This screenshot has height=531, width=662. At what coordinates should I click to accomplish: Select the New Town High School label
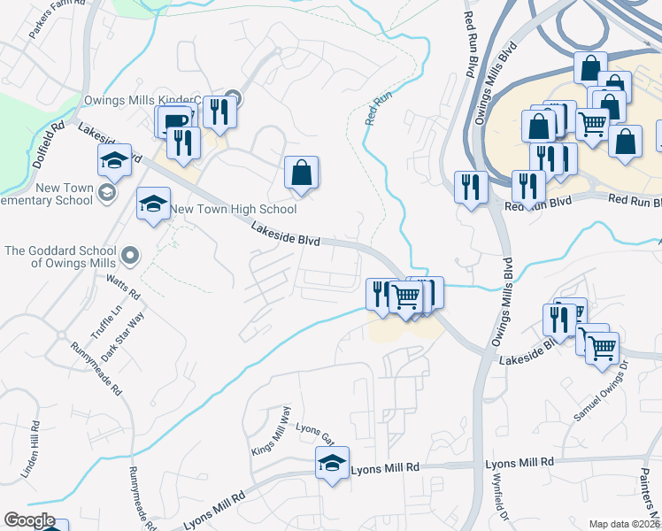(234, 210)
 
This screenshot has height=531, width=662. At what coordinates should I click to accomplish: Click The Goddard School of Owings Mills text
(61, 257)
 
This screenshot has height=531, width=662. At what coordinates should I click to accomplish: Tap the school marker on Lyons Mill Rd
(333, 463)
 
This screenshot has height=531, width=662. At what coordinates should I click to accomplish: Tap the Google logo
(29, 520)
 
